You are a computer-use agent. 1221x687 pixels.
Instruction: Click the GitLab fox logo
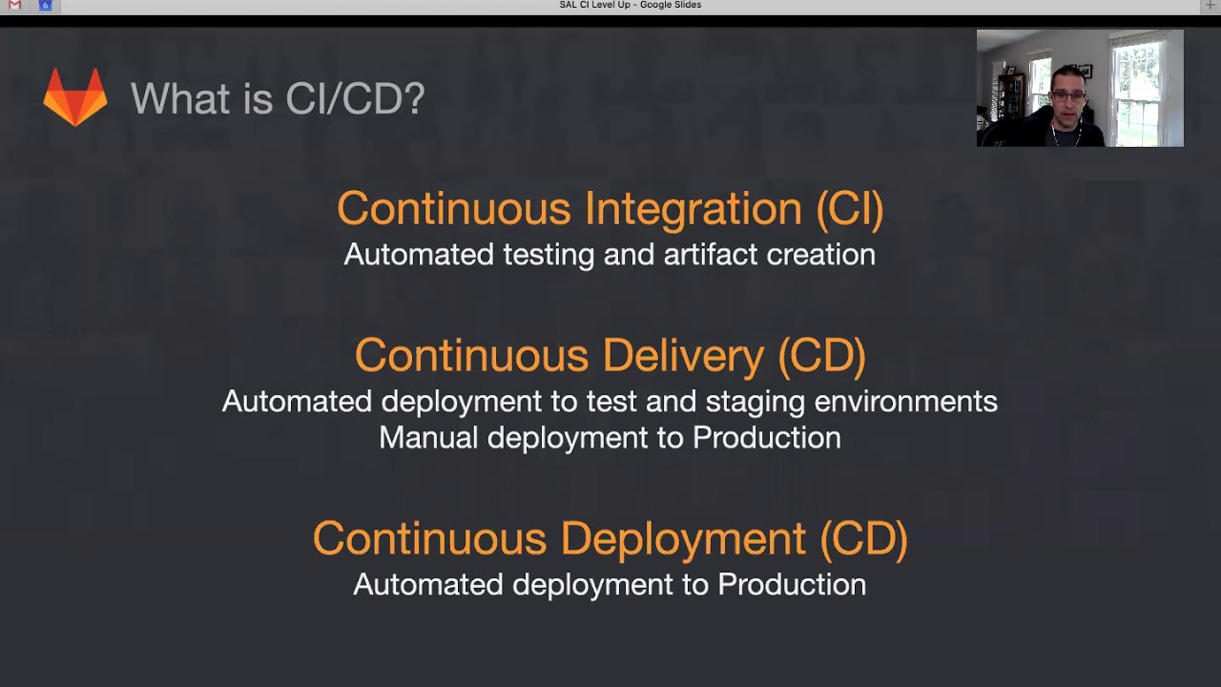(x=75, y=96)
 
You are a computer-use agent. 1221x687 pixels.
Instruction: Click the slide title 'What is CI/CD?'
(x=278, y=98)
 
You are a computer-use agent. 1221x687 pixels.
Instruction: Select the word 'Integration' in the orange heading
(x=693, y=208)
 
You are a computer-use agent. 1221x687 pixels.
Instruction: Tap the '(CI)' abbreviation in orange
(x=850, y=208)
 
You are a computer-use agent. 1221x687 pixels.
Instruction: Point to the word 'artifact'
(x=709, y=255)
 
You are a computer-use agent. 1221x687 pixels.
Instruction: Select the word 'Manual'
(x=428, y=438)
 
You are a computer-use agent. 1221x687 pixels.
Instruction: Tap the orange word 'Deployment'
(x=683, y=538)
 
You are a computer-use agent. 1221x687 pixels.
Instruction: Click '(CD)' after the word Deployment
(x=863, y=538)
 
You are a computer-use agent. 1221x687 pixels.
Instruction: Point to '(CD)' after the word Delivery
(x=821, y=355)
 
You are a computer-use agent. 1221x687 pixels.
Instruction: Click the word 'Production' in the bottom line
(x=792, y=584)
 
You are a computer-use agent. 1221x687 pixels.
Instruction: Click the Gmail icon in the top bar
(x=14, y=6)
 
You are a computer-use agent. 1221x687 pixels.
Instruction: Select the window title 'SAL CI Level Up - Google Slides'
(x=630, y=6)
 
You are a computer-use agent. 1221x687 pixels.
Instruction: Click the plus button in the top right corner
(x=1211, y=6)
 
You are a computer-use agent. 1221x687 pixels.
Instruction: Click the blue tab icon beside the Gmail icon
(x=45, y=6)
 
